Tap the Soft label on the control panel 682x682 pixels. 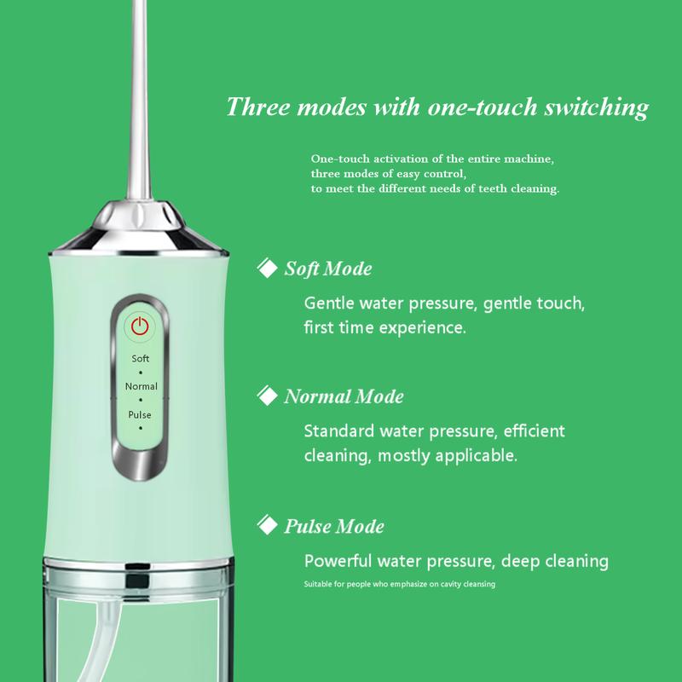(x=140, y=359)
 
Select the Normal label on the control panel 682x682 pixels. (x=141, y=387)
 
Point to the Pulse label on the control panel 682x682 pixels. (x=140, y=414)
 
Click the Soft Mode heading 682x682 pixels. (x=327, y=270)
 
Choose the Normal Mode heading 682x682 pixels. (x=343, y=397)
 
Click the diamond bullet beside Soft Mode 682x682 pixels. (x=267, y=269)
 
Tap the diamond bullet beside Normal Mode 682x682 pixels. (x=267, y=396)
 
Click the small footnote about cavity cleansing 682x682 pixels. (x=400, y=585)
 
